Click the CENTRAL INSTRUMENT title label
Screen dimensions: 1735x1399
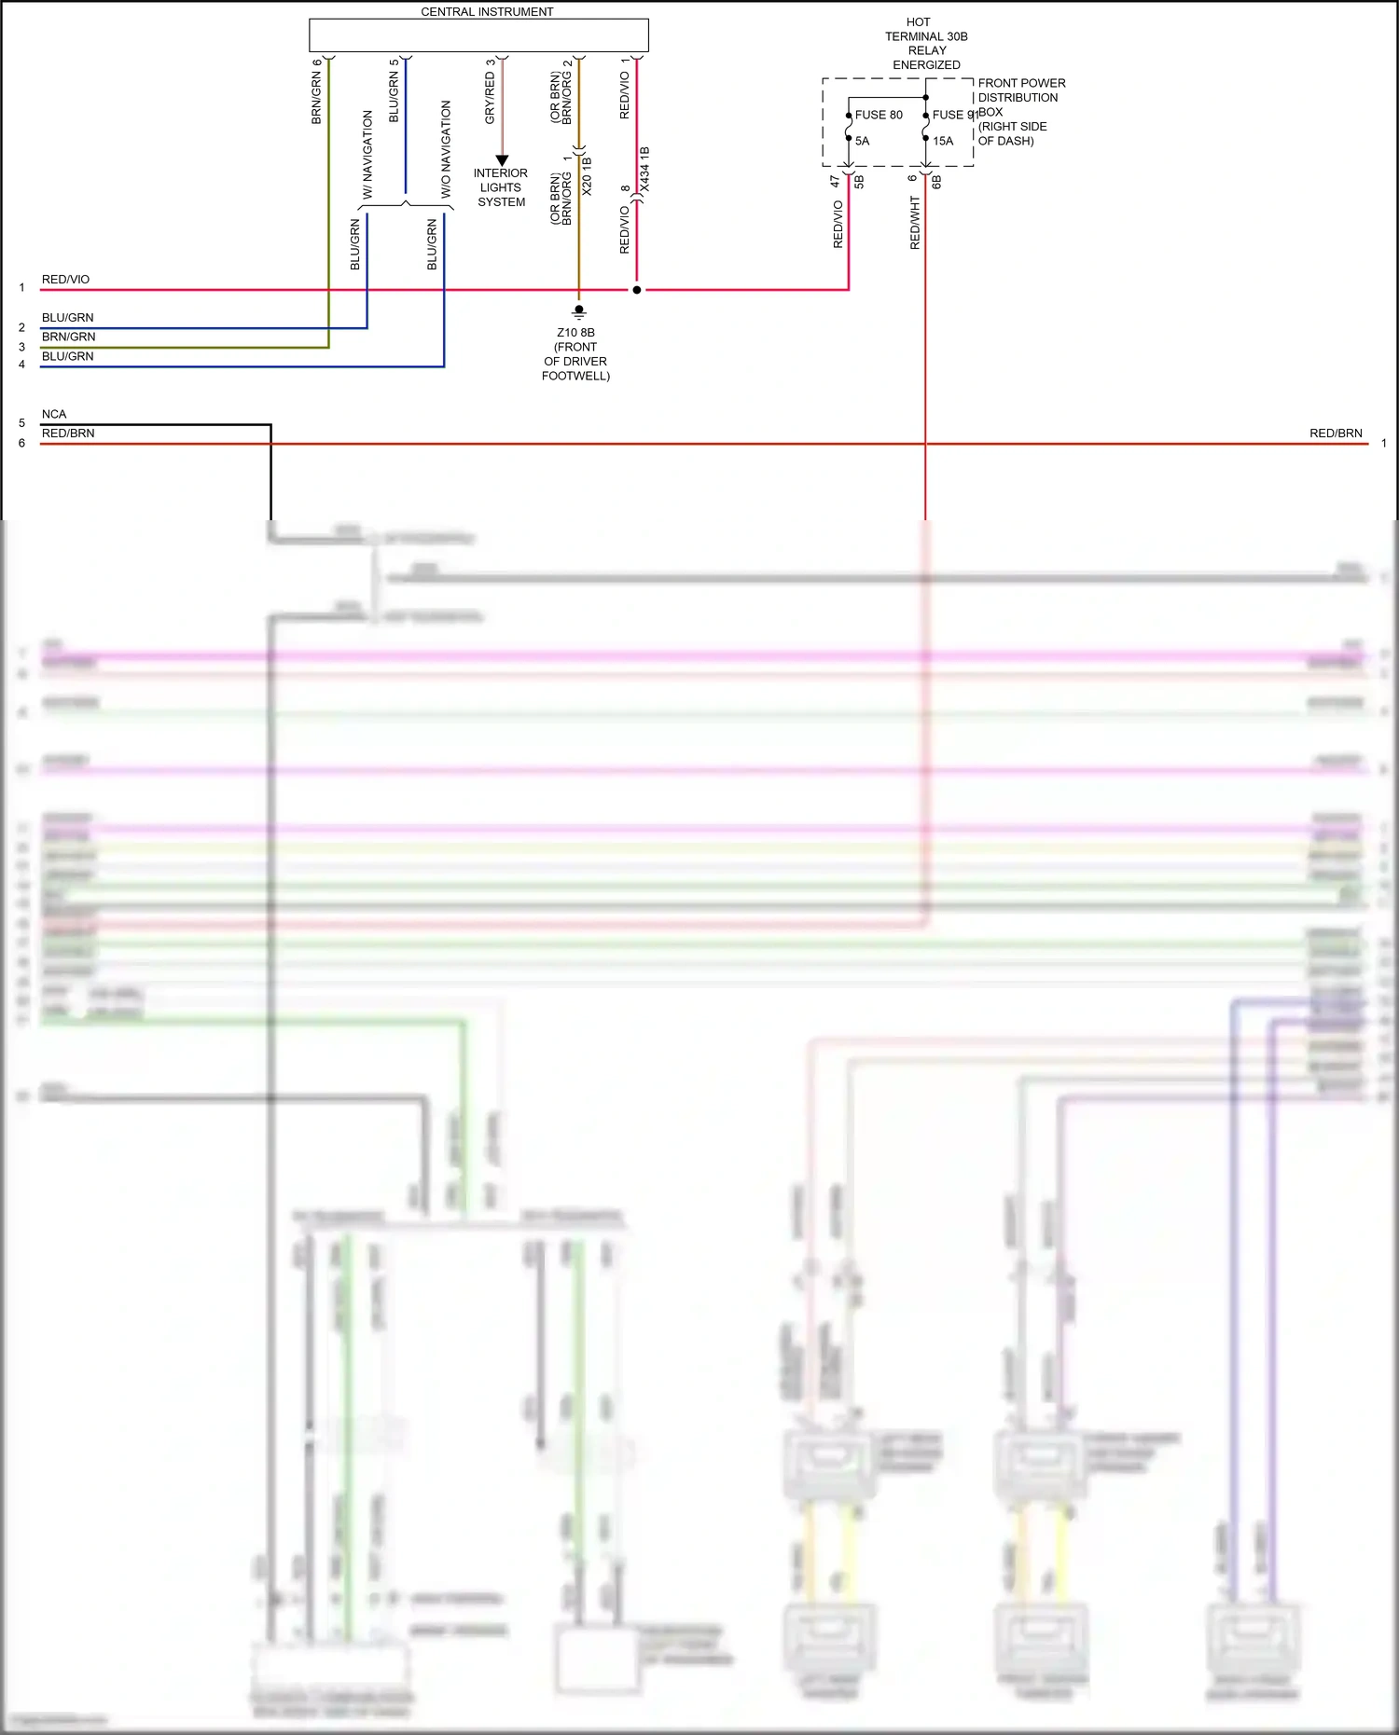[x=487, y=12]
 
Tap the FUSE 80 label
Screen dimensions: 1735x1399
[x=879, y=115]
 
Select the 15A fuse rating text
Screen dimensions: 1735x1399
[x=943, y=141]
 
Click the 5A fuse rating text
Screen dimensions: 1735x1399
[x=862, y=141]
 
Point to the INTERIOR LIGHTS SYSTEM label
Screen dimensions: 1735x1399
[x=501, y=187]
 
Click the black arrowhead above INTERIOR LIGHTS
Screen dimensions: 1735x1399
[x=502, y=160]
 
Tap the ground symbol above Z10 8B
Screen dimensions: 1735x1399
[x=579, y=311]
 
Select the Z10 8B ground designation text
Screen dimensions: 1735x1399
[x=575, y=333]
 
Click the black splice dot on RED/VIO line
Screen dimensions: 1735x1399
[x=637, y=290]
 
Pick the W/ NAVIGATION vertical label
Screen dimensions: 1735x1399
[x=367, y=154]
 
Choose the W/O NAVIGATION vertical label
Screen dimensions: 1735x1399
[x=446, y=149]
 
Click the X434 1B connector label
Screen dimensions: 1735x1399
[x=644, y=170]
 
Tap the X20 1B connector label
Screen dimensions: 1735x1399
[x=587, y=175]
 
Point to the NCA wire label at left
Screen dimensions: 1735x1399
[x=54, y=414]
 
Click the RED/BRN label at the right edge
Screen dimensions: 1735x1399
[x=1336, y=434]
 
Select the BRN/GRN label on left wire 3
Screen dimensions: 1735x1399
[x=68, y=337]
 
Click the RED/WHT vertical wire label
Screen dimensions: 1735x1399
[x=915, y=222]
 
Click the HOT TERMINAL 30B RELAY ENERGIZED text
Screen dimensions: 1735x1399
[x=926, y=43]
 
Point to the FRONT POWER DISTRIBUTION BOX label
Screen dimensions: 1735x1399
[x=1021, y=111]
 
